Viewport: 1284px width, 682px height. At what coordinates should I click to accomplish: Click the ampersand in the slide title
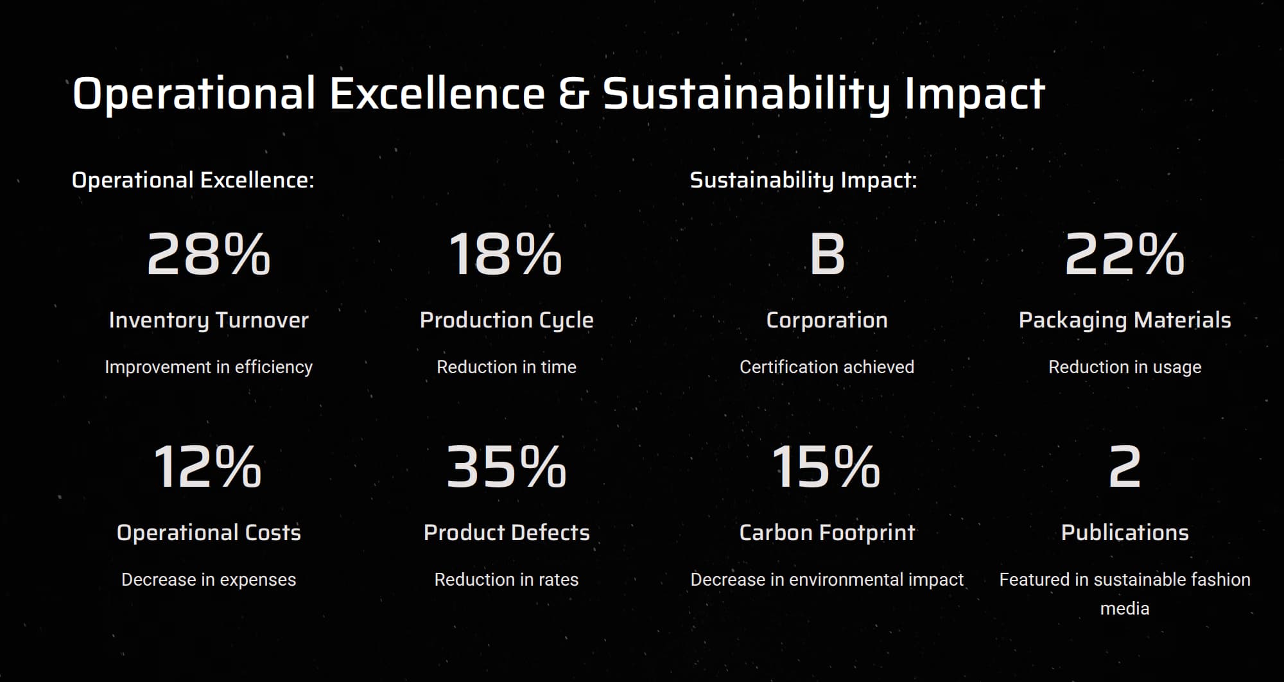pos(573,94)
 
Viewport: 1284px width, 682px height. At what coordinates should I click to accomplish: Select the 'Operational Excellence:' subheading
pos(193,180)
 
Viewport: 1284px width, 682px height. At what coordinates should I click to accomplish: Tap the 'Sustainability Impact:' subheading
pos(803,180)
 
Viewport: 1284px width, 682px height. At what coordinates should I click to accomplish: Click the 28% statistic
pos(209,254)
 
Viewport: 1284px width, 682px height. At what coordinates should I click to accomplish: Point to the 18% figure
pos(505,254)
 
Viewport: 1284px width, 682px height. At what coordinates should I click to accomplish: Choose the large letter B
pos(827,254)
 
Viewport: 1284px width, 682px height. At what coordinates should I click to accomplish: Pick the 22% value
pos(1124,254)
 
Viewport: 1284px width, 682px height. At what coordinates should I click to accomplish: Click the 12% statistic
pos(207,467)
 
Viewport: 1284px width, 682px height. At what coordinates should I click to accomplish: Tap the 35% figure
pos(506,467)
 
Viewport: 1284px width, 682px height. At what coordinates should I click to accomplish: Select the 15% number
pos(826,467)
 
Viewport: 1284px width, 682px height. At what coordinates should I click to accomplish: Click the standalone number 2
pos(1125,467)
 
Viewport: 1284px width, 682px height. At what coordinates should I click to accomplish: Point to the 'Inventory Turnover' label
pos(209,320)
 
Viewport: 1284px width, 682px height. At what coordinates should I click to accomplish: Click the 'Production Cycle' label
pos(507,320)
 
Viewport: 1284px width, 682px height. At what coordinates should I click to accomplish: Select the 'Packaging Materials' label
pos(1125,320)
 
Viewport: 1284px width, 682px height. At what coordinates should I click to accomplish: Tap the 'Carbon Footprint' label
pos(827,532)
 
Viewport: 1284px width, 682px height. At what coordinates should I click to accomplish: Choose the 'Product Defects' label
pos(507,532)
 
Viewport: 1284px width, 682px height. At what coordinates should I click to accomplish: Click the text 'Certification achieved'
pos(827,367)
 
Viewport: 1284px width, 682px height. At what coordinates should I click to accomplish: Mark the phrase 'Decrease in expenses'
pos(209,579)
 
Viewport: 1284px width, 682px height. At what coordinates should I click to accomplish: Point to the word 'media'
pos(1125,608)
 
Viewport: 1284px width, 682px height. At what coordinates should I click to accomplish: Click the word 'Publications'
pos(1125,532)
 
